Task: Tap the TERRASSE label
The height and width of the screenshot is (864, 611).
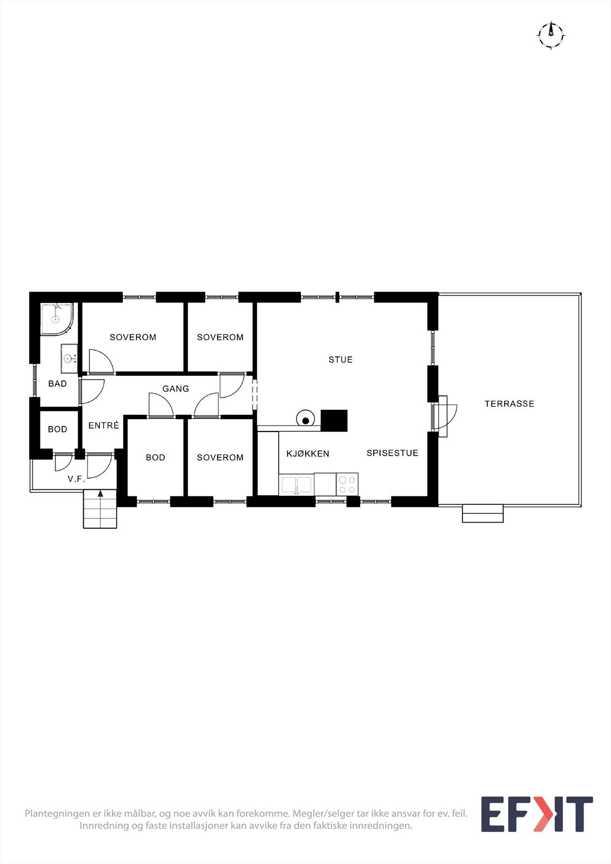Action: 509,404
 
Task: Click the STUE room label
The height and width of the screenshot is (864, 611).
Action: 340,360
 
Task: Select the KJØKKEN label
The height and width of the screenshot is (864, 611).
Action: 307,454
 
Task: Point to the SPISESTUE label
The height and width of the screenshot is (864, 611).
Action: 392,453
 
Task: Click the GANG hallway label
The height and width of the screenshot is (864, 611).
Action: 176,389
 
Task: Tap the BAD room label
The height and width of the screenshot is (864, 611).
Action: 57,384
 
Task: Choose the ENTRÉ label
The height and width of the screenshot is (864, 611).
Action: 103,425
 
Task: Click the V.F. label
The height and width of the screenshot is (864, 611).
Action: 76,479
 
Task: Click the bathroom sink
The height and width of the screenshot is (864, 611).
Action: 69,359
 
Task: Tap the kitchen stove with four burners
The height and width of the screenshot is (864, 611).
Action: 347,484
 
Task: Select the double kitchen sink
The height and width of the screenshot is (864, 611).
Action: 297,485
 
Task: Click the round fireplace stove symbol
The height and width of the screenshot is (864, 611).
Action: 305,418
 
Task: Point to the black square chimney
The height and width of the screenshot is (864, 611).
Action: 334,421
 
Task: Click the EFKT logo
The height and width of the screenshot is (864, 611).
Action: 537,814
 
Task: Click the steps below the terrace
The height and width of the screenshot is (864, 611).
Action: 482,514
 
